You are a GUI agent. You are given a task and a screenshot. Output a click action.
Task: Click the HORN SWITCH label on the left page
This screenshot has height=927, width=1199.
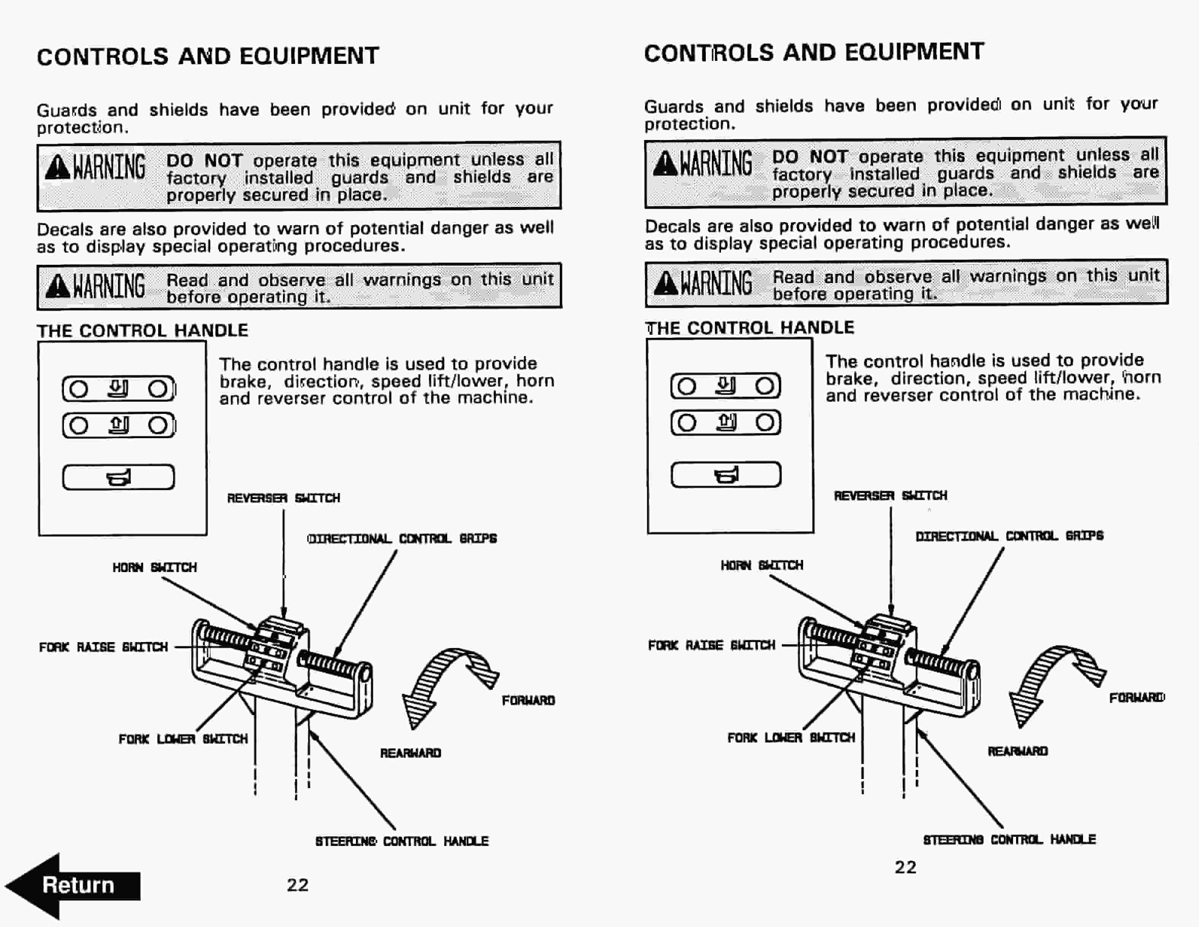[154, 567]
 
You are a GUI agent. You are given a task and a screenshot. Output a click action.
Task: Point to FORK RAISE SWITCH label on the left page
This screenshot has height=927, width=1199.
[103, 647]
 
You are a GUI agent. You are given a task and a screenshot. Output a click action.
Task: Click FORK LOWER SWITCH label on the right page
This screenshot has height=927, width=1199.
[791, 738]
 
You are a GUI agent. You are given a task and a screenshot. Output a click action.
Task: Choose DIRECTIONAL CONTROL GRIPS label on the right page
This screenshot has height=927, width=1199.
[1009, 536]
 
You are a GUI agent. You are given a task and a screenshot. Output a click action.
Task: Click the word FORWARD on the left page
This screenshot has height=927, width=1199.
[528, 700]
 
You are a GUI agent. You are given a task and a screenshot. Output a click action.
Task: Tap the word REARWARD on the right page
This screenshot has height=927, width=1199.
[1017, 751]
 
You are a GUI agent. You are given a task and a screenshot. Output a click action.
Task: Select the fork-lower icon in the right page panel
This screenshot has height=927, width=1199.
[726, 386]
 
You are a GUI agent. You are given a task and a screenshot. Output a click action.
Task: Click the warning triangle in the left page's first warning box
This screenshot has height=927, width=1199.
[58, 167]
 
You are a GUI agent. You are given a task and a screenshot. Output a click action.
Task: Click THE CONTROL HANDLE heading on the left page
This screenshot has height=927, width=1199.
[142, 331]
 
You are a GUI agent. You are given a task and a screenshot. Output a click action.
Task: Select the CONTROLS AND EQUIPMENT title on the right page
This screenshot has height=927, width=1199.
[814, 52]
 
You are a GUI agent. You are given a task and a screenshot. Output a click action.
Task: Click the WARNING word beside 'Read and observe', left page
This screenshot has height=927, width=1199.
[109, 286]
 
